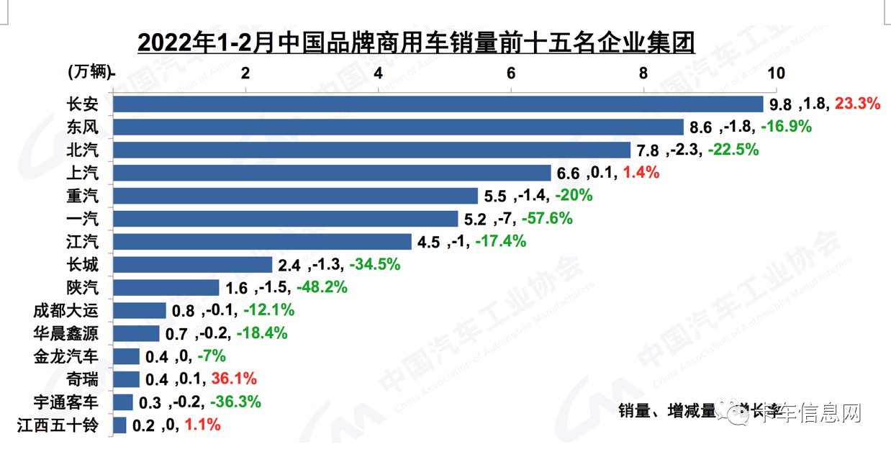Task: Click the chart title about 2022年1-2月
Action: [416, 42]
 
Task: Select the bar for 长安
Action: [438, 104]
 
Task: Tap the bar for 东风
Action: [398, 127]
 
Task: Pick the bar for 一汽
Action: [286, 219]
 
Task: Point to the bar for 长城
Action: [193, 265]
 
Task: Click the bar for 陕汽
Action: [166, 288]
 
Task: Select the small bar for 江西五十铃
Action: [120, 425]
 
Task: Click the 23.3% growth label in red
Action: [857, 104]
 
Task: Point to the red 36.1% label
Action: [233, 379]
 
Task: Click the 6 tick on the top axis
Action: [511, 73]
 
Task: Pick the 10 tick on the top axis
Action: [776, 73]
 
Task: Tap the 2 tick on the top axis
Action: [246, 73]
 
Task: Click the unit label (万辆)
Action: [91, 72]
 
